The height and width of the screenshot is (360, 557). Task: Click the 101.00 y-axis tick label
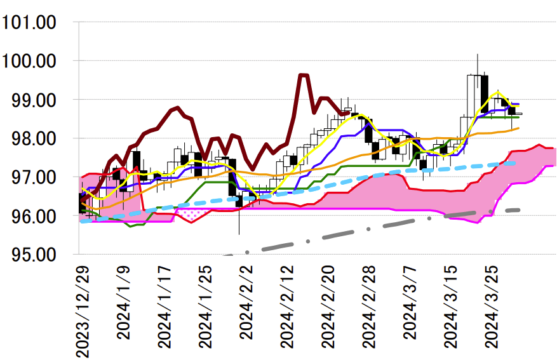(29, 23)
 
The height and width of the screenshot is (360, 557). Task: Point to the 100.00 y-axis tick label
(29, 62)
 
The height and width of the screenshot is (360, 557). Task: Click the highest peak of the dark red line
(303, 75)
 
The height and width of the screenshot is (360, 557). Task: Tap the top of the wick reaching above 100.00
(477, 55)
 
